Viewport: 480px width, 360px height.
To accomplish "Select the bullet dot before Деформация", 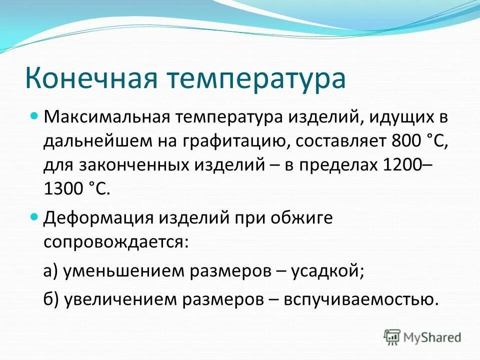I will (x=34, y=216).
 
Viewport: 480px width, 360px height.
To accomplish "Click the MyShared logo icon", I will (x=392, y=336).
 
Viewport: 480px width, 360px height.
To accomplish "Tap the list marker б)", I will (x=51, y=298).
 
